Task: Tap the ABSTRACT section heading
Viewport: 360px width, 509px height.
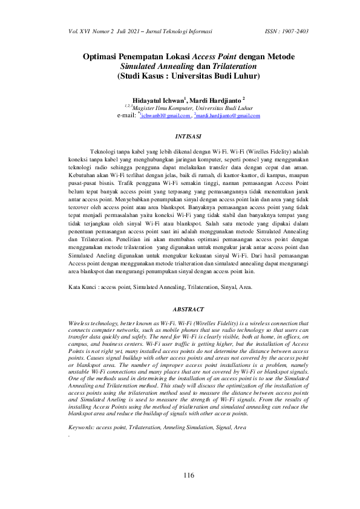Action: point(188,309)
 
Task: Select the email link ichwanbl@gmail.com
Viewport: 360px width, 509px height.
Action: point(164,115)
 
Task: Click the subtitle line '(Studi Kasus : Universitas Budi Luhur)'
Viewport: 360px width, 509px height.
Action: point(188,77)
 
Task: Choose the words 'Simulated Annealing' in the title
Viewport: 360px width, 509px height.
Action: point(156,66)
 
